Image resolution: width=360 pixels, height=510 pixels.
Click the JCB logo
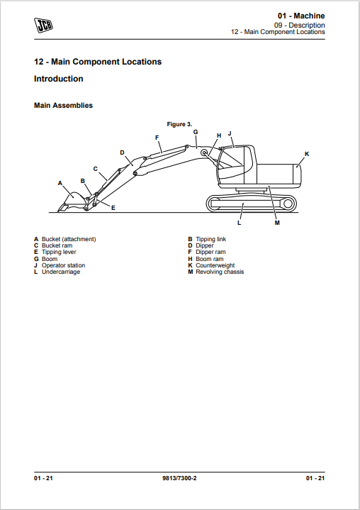tap(43, 26)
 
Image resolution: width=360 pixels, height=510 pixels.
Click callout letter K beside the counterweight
tap(307, 154)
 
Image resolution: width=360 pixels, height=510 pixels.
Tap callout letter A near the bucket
tap(60, 183)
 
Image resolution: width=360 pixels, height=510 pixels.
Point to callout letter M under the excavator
tap(277, 223)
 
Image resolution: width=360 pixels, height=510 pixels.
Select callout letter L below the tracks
tap(239, 223)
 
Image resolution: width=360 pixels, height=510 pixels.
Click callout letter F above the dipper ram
tap(157, 138)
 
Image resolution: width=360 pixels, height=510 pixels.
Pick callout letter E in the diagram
tap(113, 208)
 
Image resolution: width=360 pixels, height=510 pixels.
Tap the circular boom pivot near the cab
tap(204, 153)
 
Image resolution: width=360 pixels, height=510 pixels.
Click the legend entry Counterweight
tap(215, 265)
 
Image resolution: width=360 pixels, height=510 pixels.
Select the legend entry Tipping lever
tap(59, 252)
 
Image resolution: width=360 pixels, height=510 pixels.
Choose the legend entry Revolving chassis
tap(220, 272)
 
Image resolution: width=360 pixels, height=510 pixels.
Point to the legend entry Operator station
tap(63, 265)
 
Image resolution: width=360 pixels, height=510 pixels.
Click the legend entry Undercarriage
tap(61, 272)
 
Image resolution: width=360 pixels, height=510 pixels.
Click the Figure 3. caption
tap(179, 124)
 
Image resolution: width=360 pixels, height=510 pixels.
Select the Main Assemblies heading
tap(63, 106)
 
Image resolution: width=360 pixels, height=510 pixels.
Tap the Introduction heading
tap(59, 79)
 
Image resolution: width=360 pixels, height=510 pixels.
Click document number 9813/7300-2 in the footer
tap(179, 478)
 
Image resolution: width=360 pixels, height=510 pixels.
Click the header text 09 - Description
tap(299, 25)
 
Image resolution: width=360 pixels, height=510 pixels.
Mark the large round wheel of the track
tap(288, 204)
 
